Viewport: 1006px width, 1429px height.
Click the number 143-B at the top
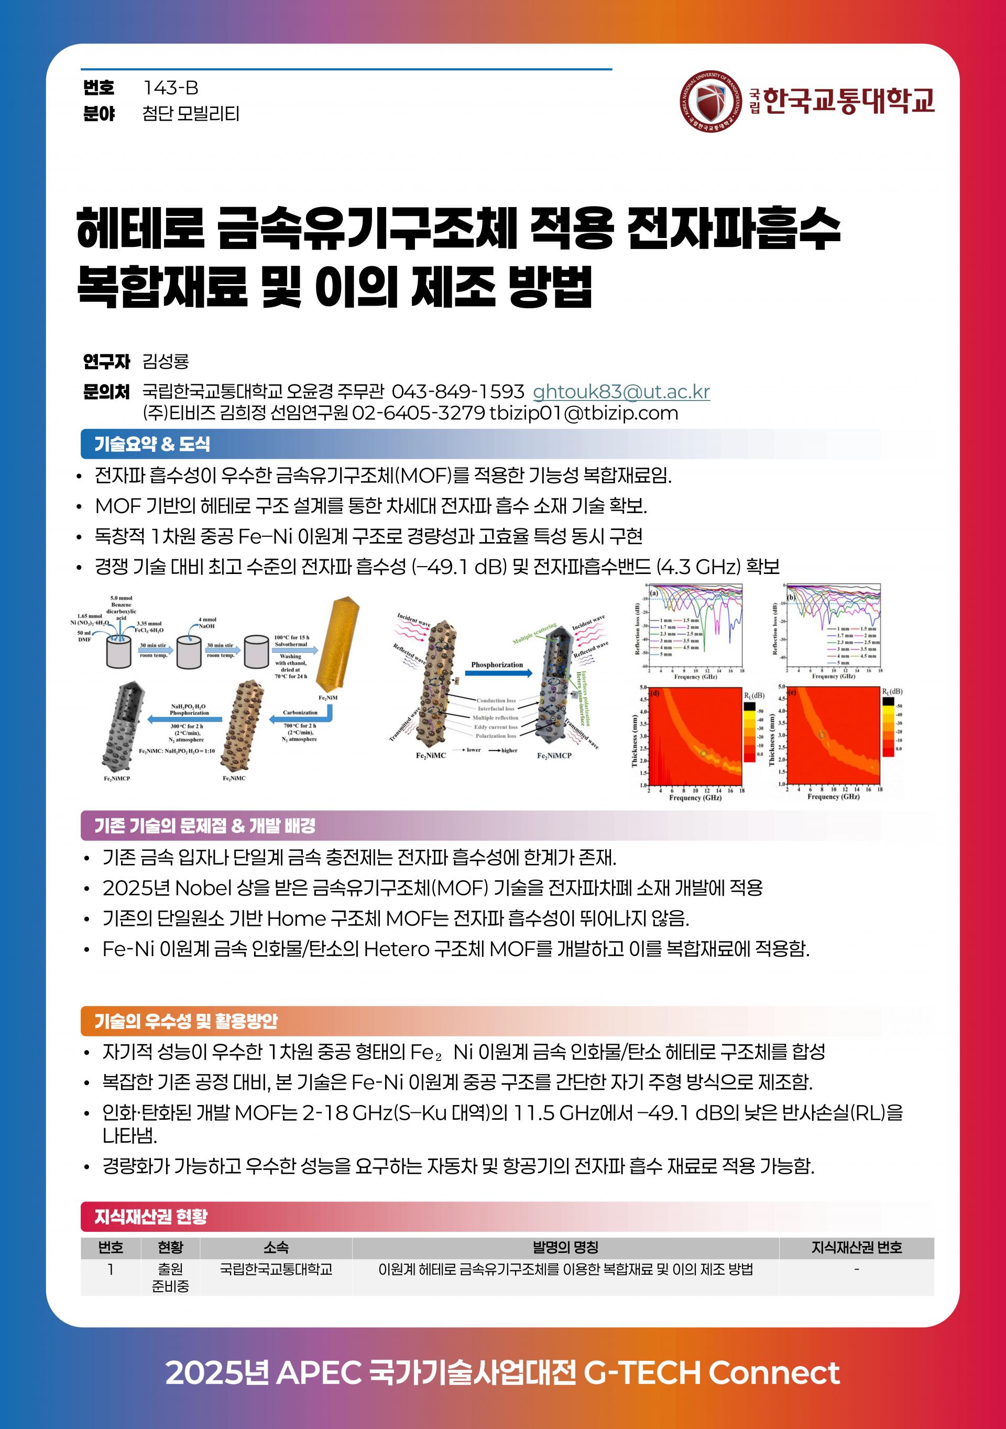click(x=170, y=88)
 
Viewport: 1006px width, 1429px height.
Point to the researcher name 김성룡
click(x=166, y=361)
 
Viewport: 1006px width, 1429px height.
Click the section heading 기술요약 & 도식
click(x=152, y=444)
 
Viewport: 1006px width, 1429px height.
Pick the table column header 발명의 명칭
click(x=565, y=1247)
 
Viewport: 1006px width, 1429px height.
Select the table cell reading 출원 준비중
click(x=170, y=1277)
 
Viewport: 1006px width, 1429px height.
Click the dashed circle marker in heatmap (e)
click(x=821, y=735)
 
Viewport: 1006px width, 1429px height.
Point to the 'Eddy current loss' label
click(x=495, y=727)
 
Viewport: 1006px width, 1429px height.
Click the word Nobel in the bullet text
click(x=204, y=887)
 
